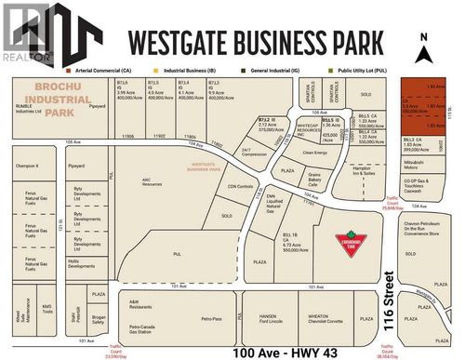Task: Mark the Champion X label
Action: click(26, 165)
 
